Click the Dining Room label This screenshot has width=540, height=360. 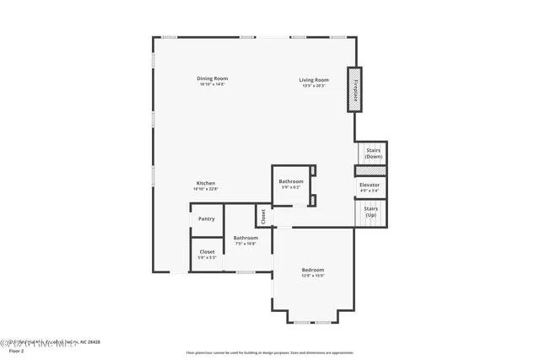[x=213, y=78]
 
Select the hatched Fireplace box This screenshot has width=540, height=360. [x=355, y=89]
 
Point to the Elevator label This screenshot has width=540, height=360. [x=370, y=185]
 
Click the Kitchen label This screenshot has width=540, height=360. [x=206, y=183]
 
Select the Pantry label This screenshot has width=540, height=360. [x=207, y=219]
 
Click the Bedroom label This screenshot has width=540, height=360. [x=313, y=270]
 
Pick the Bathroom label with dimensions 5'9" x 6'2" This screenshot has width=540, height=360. [x=291, y=181]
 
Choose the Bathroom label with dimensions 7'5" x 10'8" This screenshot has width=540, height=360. [x=246, y=238]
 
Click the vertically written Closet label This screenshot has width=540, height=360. [x=263, y=217]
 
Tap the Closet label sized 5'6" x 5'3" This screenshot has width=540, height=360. [x=207, y=251]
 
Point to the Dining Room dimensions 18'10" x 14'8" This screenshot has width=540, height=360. [x=213, y=84]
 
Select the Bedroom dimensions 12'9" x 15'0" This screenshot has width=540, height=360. [x=313, y=276]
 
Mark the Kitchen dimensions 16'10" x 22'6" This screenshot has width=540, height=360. [x=206, y=189]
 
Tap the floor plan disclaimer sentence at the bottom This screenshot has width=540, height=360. [x=270, y=352]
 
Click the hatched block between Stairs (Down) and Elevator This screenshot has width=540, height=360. [x=370, y=170]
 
